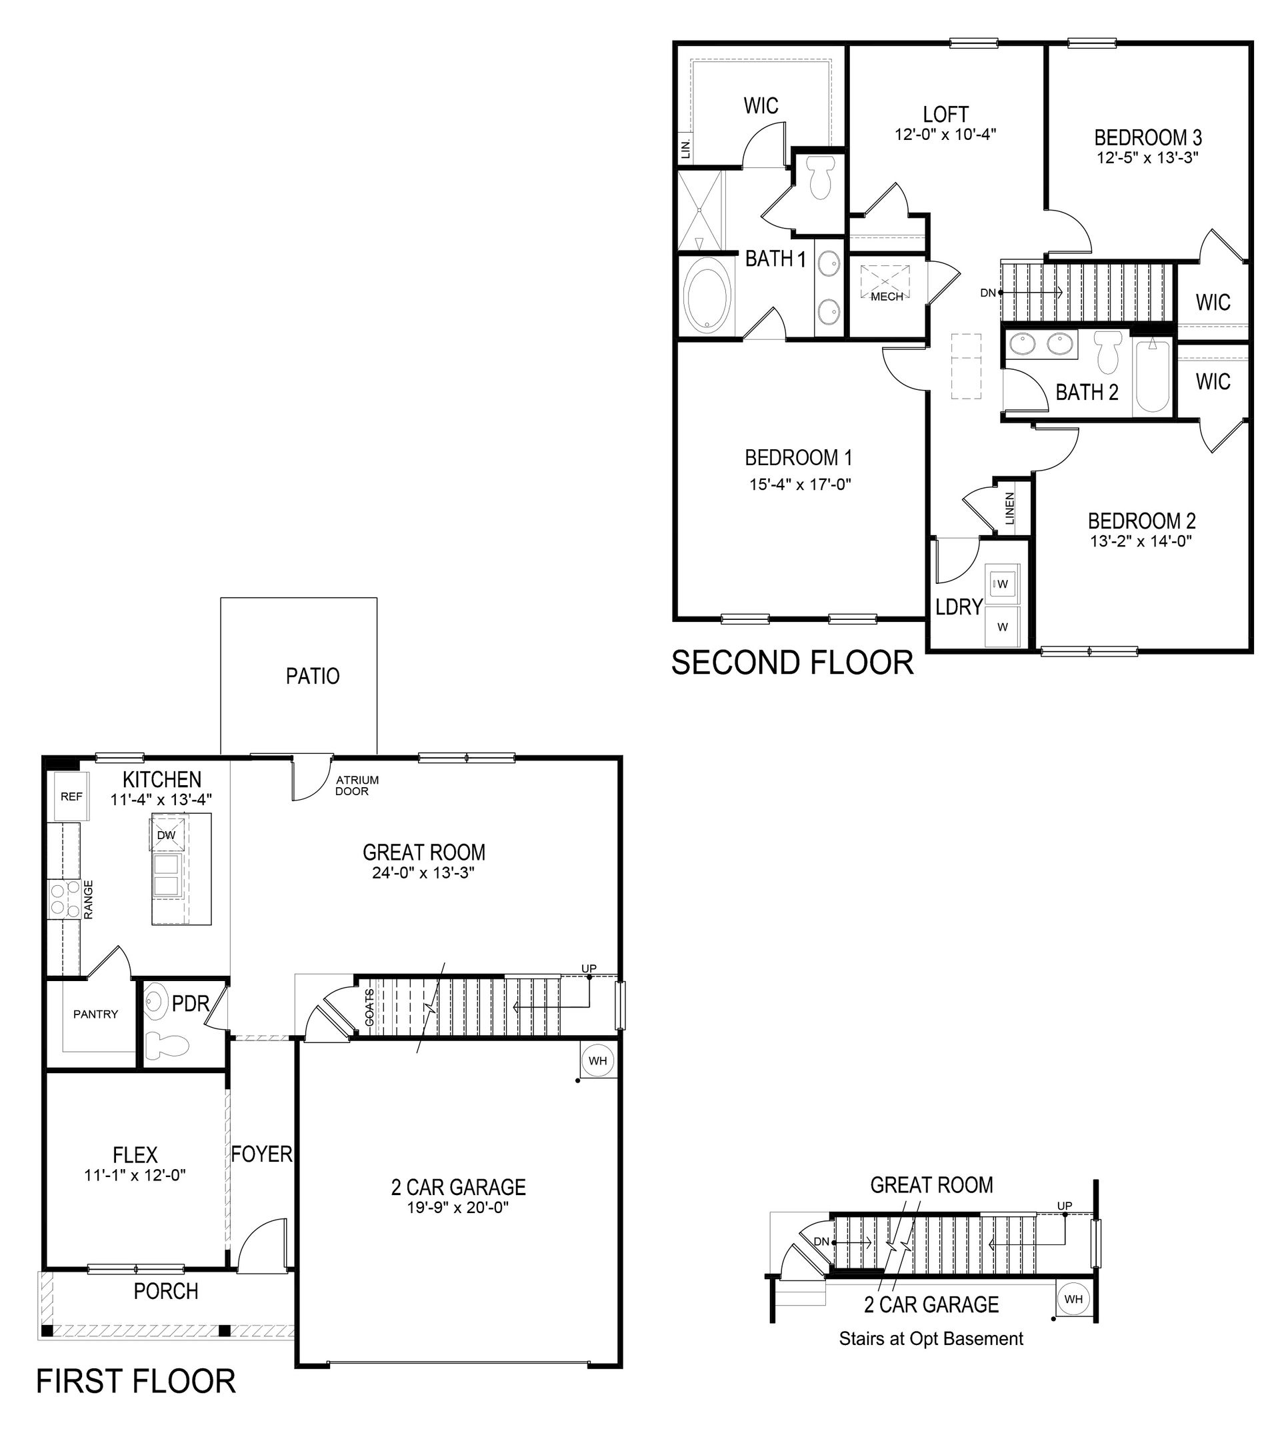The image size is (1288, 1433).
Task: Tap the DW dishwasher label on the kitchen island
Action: click(166, 835)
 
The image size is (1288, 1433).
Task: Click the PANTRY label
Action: click(95, 1014)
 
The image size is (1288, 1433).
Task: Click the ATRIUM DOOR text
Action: click(357, 786)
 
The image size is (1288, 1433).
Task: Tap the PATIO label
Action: click(312, 676)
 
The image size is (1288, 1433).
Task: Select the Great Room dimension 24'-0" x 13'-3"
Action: click(423, 873)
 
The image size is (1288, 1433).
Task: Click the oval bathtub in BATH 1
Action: click(708, 296)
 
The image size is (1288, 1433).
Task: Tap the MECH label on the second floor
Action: click(887, 297)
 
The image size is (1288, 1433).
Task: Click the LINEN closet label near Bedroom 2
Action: click(1010, 508)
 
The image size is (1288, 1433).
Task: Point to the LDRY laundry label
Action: click(959, 607)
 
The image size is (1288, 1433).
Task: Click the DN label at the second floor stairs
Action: click(988, 292)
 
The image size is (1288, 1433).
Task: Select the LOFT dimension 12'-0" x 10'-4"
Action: click(945, 135)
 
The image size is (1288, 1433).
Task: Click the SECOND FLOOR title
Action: click(792, 663)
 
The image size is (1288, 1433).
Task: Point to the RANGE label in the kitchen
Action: click(89, 899)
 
